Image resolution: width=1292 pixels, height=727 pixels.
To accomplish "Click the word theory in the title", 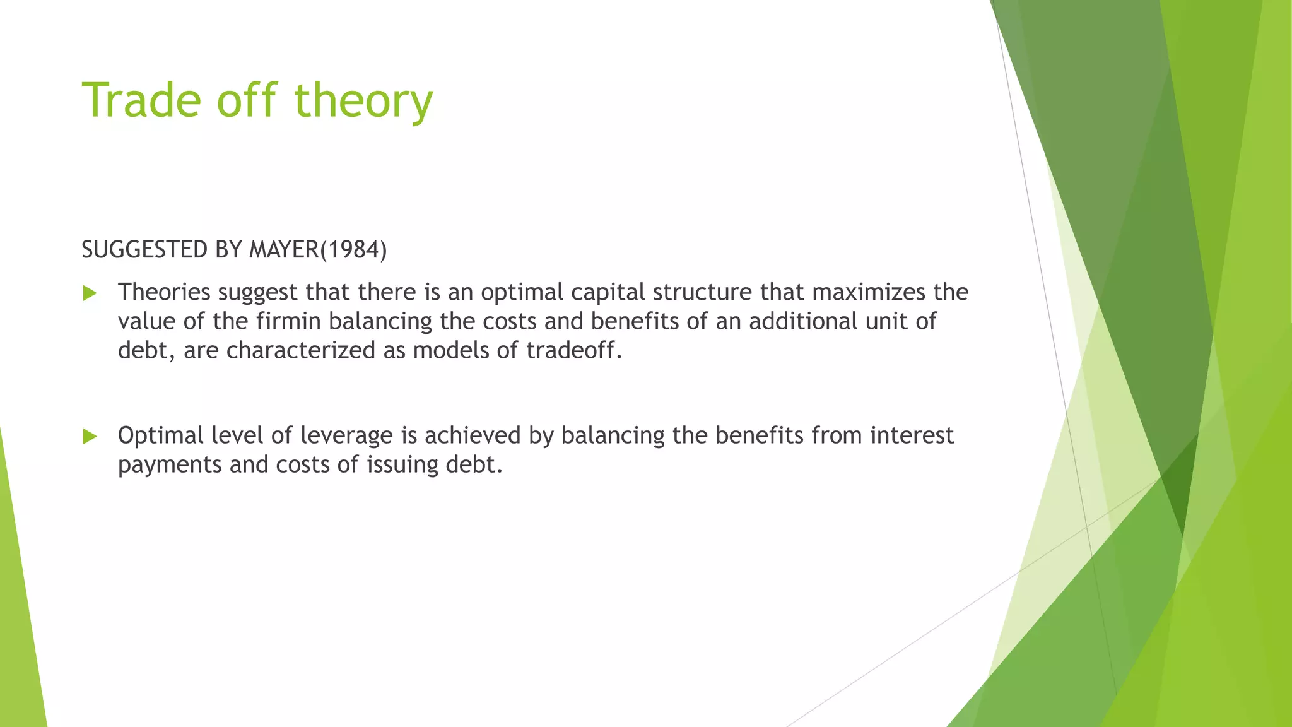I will click(363, 101).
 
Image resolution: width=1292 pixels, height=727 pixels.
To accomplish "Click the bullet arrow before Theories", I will click(90, 293).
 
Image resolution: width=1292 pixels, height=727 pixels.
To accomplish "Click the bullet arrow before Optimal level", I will click(90, 436).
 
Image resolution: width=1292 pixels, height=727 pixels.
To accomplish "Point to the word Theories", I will click(163, 292).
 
